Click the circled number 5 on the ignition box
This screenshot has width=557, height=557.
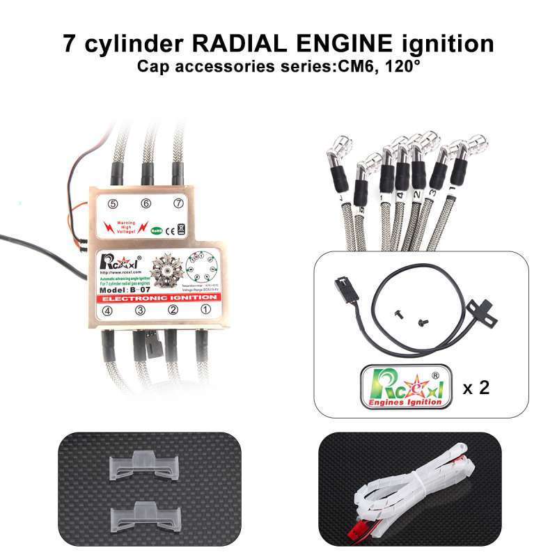click(111, 204)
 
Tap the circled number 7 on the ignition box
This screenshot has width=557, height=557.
click(179, 203)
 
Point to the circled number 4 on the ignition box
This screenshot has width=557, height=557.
click(108, 311)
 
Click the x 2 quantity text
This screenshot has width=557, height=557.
click(476, 387)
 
